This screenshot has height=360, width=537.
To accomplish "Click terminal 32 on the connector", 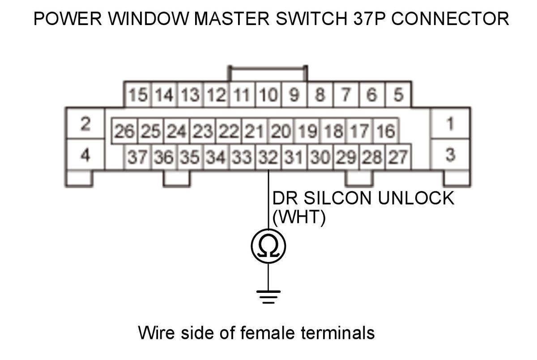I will [268, 157].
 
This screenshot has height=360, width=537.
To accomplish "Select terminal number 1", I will [450, 123].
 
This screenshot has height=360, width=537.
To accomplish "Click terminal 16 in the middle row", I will [385, 131].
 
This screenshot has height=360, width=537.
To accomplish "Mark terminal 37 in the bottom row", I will [138, 157].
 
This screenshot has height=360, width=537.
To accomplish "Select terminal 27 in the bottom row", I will [398, 157].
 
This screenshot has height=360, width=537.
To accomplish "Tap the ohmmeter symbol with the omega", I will [268, 246].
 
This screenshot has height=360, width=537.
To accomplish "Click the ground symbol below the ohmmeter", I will [268, 296].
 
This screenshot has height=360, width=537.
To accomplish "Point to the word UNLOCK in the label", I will [416, 198].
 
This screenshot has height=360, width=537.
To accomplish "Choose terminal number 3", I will [450, 155].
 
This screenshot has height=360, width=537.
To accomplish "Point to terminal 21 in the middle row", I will [255, 131].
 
